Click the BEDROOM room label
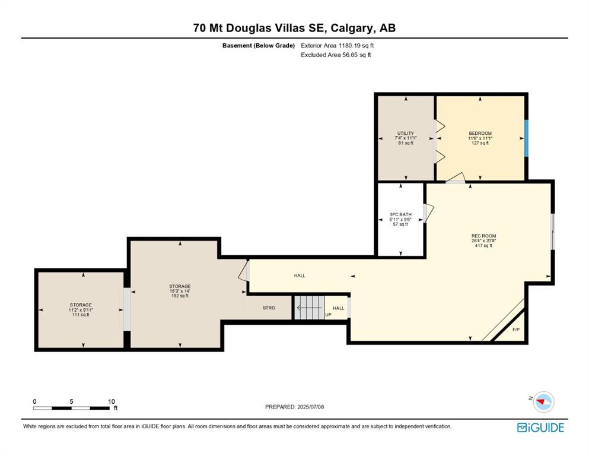[x=480, y=134]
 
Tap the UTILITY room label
[x=406, y=134]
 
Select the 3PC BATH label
[x=400, y=215]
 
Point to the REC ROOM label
[x=484, y=236]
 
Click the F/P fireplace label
[x=516, y=330]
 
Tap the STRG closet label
[x=269, y=308]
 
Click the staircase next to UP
[x=309, y=308]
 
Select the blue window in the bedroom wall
[x=526, y=138]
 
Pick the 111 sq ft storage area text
[x=81, y=315]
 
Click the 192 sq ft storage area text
[x=180, y=296]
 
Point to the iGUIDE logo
[x=540, y=427]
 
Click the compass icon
[x=543, y=402]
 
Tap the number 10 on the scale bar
[x=111, y=401]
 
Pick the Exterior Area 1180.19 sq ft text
[x=338, y=46]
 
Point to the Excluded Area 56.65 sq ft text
[x=336, y=55]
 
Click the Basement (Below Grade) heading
[x=259, y=46]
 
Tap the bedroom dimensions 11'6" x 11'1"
[x=480, y=138]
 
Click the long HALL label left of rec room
[x=300, y=275]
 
